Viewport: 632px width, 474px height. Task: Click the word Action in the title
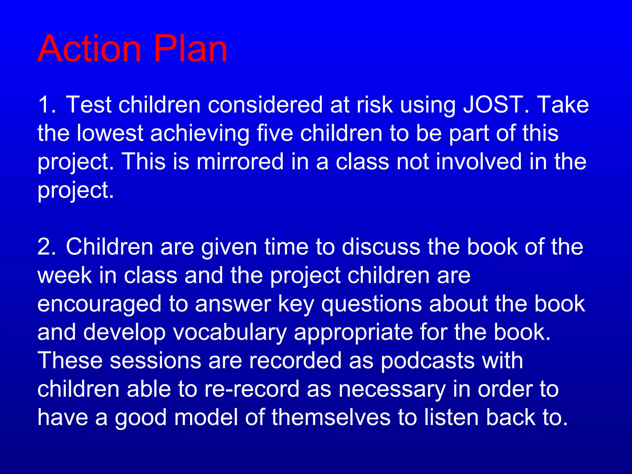click(89, 48)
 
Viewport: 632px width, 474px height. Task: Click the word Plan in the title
click(190, 48)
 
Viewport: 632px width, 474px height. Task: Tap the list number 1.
click(46, 105)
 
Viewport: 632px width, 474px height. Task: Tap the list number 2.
click(46, 247)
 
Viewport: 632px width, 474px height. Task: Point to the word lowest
click(110, 133)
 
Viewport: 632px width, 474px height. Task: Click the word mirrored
click(240, 162)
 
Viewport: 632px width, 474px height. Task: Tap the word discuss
click(381, 247)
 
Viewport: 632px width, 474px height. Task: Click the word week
click(64, 276)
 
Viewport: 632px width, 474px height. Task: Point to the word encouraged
click(99, 304)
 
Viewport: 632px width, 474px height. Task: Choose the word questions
click(371, 304)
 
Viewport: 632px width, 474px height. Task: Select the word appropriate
click(353, 333)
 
